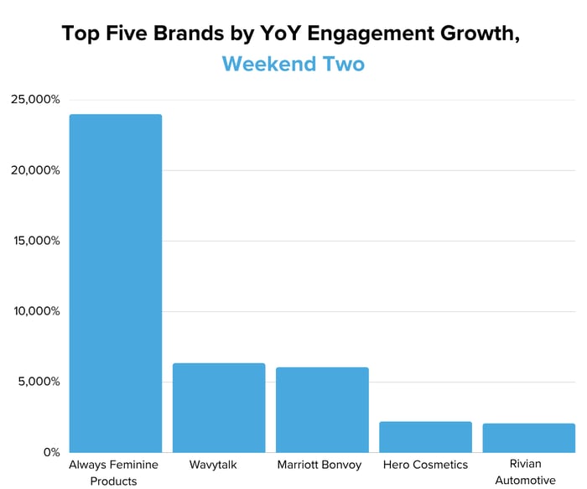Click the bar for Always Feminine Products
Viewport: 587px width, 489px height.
[x=116, y=284]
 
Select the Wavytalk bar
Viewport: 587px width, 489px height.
[x=219, y=408]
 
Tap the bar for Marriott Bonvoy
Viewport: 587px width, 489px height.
[x=322, y=410]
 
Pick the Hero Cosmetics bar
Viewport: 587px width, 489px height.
[x=425, y=437]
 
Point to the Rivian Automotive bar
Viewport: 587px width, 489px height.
[x=528, y=438]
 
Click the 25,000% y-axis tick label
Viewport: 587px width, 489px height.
[x=35, y=100]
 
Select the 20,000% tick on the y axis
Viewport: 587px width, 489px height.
[x=35, y=170]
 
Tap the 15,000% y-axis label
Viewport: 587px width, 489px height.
[x=35, y=241]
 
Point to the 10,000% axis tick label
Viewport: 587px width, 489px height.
[x=35, y=311]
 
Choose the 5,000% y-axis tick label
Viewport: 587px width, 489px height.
[x=39, y=382]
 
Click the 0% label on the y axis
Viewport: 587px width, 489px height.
[x=51, y=452]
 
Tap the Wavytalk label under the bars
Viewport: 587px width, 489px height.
[x=219, y=464]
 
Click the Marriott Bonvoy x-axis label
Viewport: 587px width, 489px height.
[x=322, y=464]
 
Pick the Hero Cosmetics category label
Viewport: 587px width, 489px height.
[x=425, y=464]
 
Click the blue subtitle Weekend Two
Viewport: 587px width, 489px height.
[x=293, y=64]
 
